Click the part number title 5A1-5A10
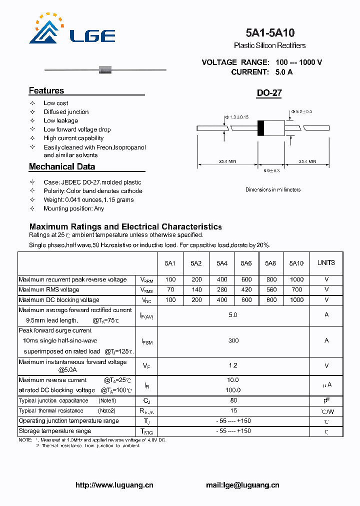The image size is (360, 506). [x=270, y=33]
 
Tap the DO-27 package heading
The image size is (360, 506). [x=269, y=93]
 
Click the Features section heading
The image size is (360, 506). [x=46, y=90]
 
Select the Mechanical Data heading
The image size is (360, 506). [x=61, y=166]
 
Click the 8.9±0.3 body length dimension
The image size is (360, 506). [x=271, y=171]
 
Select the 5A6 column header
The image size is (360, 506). [x=246, y=263]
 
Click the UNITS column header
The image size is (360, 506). [x=326, y=262]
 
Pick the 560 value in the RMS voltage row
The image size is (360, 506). [x=270, y=289]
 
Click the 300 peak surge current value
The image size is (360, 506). [x=233, y=340]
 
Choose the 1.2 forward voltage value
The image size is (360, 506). [x=233, y=366]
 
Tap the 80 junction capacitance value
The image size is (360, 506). [x=233, y=400]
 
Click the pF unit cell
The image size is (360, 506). [x=326, y=400]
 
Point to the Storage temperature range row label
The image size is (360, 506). [x=55, y=431]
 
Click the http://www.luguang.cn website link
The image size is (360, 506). [x=114, y=485]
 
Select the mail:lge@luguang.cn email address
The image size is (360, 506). [x=242, y=485]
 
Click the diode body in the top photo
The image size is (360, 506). [x=105, y=69]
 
